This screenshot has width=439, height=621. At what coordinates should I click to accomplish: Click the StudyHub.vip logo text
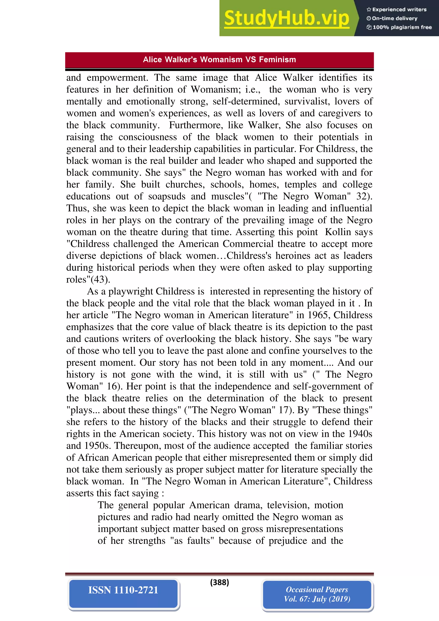(286, 18)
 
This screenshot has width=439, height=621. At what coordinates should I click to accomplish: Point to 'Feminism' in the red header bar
(277, 60)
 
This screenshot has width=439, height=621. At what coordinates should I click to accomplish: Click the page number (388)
(219, 582)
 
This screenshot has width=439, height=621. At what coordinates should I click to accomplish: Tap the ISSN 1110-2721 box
(123, 590)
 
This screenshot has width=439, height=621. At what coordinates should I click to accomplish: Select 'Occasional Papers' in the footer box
(317, 589)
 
